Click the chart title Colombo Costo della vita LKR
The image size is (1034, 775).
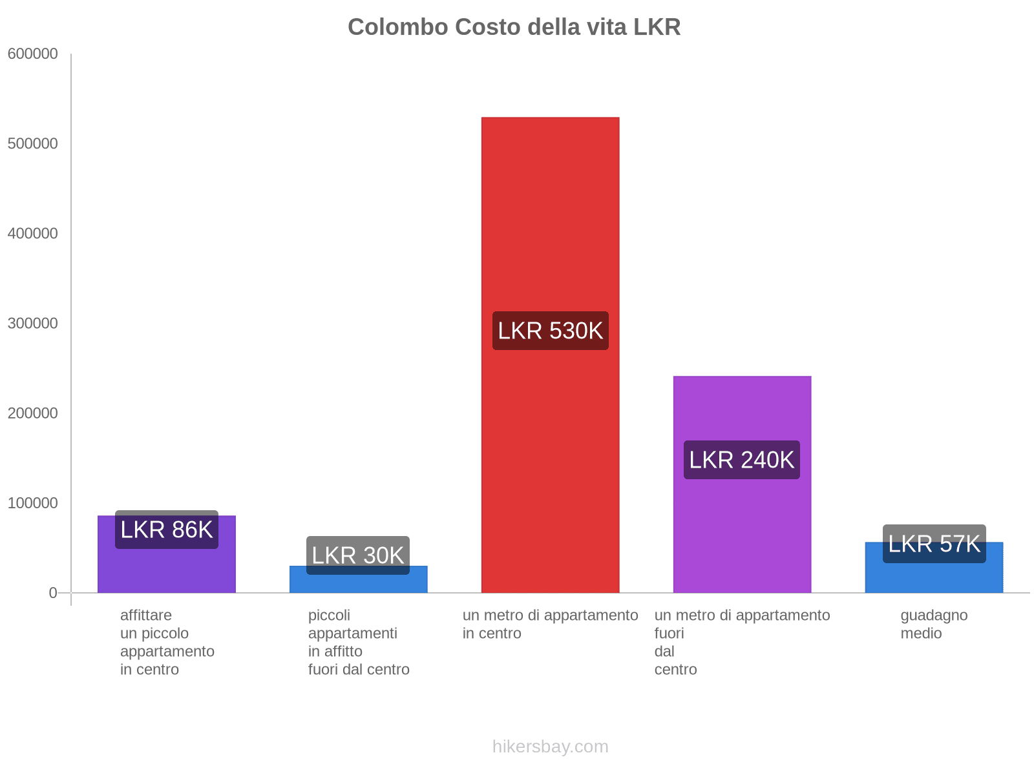click(514, 27)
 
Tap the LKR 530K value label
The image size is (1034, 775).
click(550, 331)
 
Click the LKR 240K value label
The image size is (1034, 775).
click(741, 460)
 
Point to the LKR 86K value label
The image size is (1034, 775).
click(166, 530)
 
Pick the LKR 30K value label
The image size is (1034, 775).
click(357, 555)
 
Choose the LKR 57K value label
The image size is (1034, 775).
click(934, 544)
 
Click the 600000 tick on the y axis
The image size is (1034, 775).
click(33, 54)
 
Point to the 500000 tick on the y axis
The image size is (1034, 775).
click(33, 144)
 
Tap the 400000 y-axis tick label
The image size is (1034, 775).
click(33, 234)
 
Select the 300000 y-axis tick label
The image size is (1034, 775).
click(33, 324)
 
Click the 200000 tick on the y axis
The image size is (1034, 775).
click(33, 413)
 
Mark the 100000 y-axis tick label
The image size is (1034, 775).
click(33, 503)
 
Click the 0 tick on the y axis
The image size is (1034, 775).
click(53, 593)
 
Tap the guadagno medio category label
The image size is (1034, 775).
click(934, 624)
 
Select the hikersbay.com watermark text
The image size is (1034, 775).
click(550, 747)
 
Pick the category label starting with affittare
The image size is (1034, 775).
click(167, 642)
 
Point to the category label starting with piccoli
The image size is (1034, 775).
click(359, 642)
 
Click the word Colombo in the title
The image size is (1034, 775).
click(397, 27)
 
